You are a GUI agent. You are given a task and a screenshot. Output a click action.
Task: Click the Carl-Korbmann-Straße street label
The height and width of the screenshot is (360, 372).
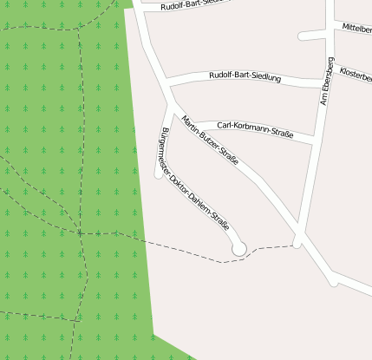(255, 129)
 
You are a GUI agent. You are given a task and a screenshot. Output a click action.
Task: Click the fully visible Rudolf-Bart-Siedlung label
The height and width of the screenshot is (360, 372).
(245, 77)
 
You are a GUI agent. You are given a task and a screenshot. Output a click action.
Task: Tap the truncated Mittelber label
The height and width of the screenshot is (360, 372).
(356, 28)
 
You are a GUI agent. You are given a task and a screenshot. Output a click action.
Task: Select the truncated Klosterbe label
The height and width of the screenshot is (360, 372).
(356, 75)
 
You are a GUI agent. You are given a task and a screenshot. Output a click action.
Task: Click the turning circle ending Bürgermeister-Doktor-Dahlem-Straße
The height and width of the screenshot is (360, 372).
(239, 249)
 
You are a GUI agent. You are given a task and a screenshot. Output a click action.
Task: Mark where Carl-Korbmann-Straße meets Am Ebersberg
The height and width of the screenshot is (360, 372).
(313, 141)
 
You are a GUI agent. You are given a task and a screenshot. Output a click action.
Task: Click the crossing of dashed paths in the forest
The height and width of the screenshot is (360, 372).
(80, 232)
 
